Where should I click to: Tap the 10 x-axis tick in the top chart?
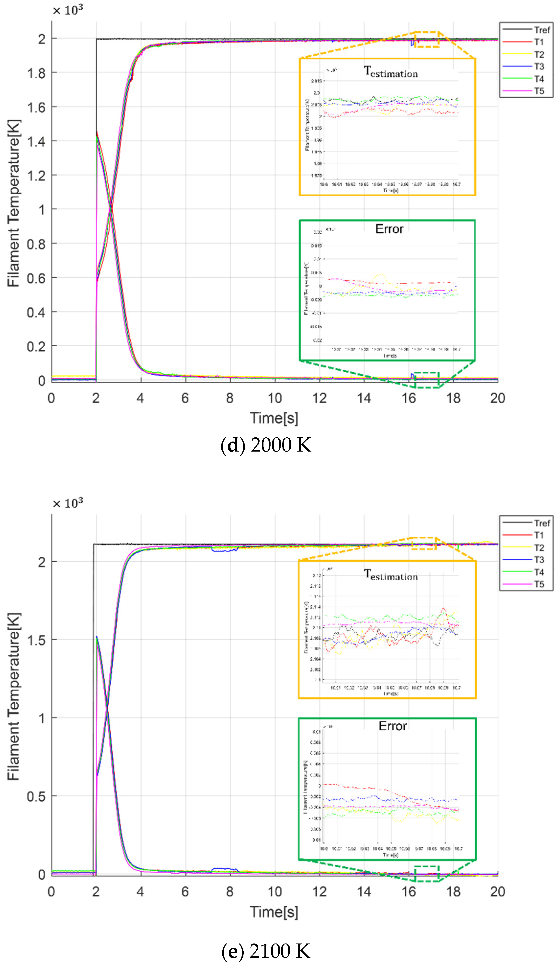pos(274,398)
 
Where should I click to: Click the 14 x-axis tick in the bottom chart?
pos(364,891)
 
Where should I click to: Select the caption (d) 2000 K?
pos(266,445)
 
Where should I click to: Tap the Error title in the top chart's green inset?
pos(389,229)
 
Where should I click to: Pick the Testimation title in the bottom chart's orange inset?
pos(390,575)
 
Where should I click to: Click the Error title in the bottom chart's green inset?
pos(392,726)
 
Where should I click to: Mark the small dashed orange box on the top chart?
pos(427,39)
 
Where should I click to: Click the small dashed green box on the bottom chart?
pos(427,874)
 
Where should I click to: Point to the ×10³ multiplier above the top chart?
pos(68,10)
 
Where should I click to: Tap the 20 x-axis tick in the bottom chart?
pos(497,891)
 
